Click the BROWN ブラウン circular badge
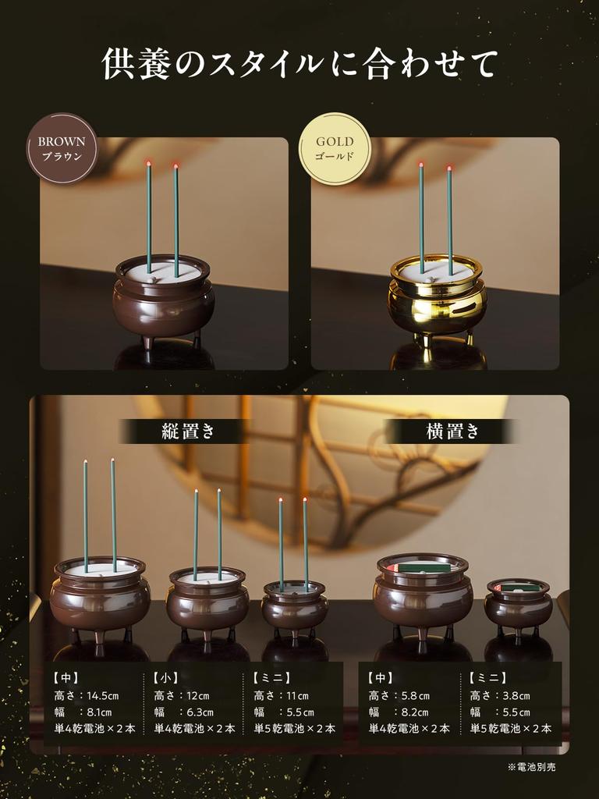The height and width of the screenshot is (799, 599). pos(62,148)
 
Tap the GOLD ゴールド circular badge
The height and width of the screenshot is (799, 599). pos(335,148)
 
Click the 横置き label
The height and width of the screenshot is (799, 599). pos(453,431)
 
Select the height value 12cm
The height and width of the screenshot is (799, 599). pos(198,695)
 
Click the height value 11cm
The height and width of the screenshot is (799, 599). pos(297,695)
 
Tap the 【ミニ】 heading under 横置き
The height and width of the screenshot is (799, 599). pos(489,678)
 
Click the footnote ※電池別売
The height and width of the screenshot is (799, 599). pos(531,767)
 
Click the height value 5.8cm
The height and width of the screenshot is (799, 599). pos(412,695)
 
